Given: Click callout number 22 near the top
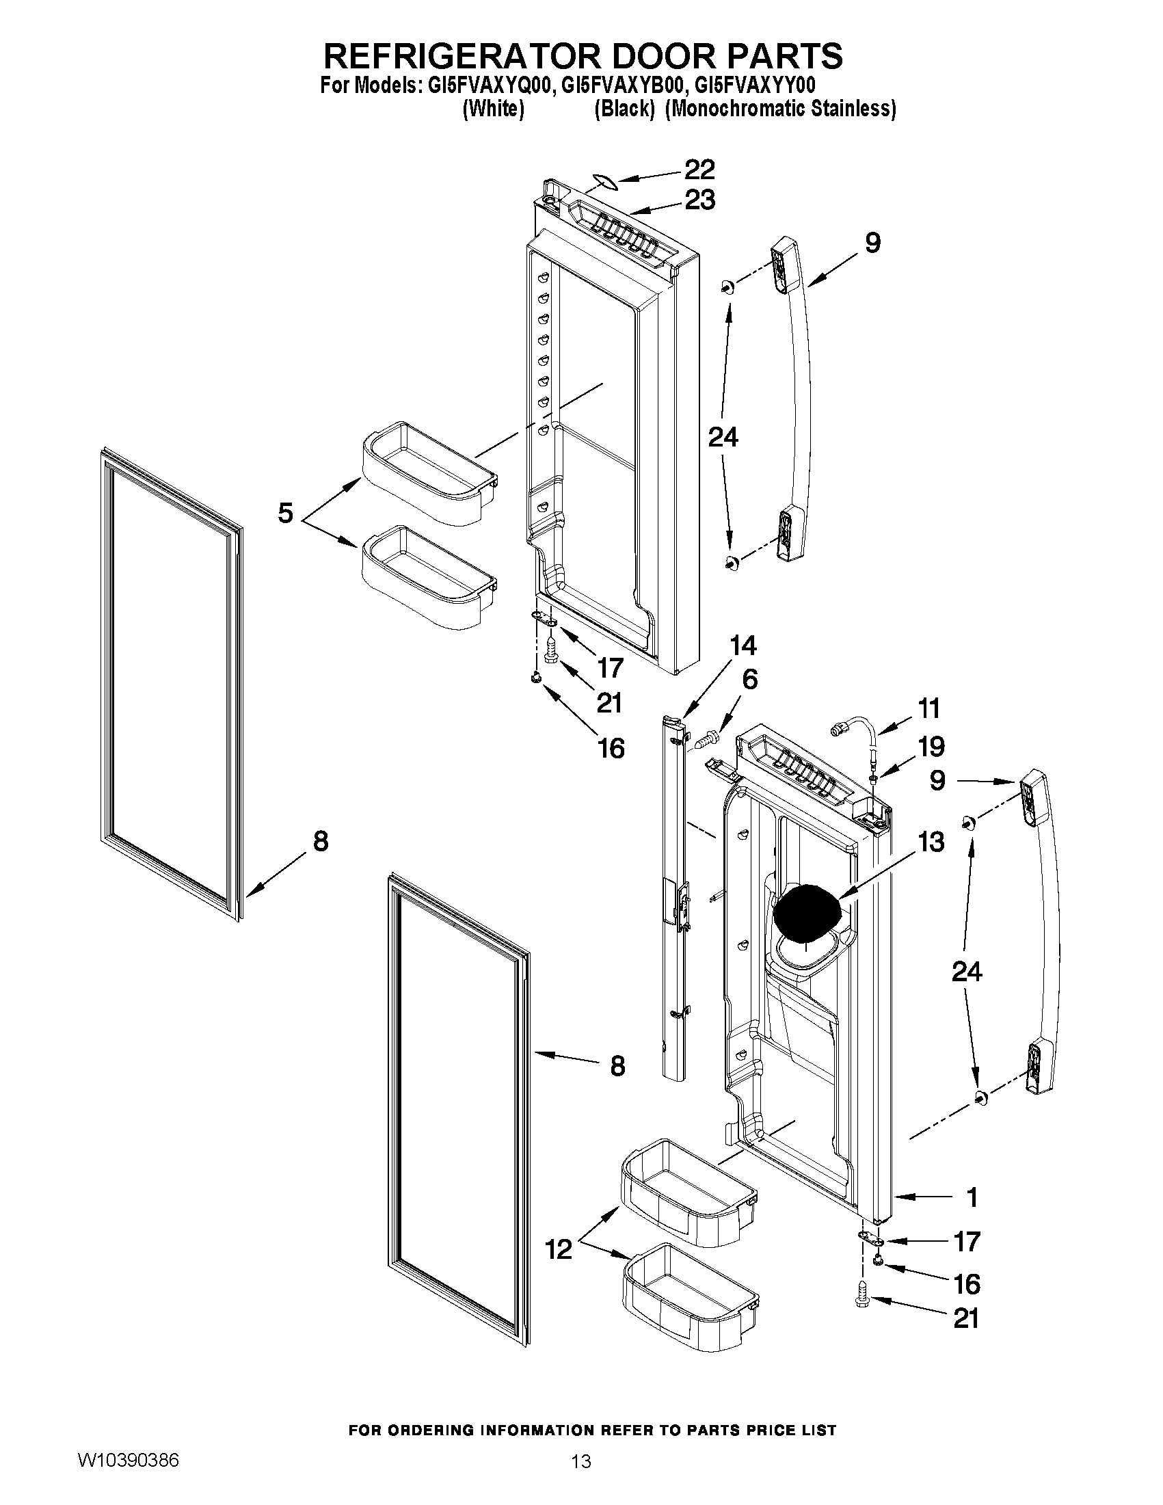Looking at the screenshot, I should tap(699, 170).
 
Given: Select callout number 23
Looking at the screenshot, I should tap(699, 200).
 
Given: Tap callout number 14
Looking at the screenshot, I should tap(743, 645).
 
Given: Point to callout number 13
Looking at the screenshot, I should tap(931, 842).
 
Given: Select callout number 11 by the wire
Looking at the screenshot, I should tap(928, 708).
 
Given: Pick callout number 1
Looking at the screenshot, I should tap(972, 1198).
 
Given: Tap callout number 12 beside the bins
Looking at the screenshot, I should tap(559, 1249).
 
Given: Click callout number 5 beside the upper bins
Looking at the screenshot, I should tap(285, 514).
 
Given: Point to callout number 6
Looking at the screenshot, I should tap(749, 680).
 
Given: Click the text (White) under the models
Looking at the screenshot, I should tap(494, 109).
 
